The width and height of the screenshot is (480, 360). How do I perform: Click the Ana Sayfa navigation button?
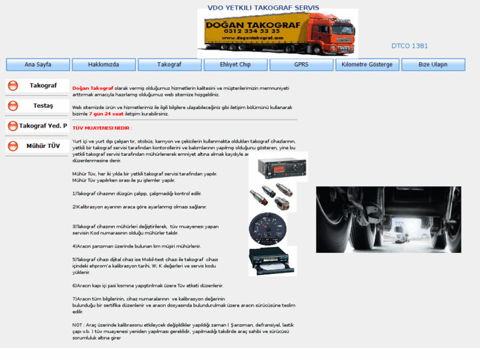pyautogui.click(x=38, y=65)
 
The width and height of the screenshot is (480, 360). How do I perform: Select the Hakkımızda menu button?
pyautogui.click(x=104, y=65)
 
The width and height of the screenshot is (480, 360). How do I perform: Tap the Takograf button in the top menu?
pyautogui.click(x=169, y=65)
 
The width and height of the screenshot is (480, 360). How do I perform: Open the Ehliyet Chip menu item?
pyautogui.click(x=235, y=65)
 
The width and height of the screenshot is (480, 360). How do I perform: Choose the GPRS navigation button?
pyautogui.click(x=301, y=65)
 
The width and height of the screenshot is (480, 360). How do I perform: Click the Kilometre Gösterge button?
pyautogui.click(x=367, y=65)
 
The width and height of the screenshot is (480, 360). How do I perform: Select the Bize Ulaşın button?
pyautogui.click(x=433, y=65)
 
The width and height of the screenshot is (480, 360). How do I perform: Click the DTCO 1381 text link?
pyautogui.click(x=409, y=46)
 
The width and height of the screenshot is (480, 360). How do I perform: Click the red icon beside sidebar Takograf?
pyautogui.click(x=13, y=86)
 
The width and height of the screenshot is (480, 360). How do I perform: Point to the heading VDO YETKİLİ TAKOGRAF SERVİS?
pyautogui.click(x=263, y=8)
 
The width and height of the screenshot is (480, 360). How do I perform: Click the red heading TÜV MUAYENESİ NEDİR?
pyautogui.click(x=102, y=128)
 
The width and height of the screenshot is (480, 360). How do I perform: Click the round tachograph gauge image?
pyautogui.click(x=268, y=229)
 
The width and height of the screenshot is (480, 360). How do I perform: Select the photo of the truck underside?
pyautogui.click(x=388, y=219)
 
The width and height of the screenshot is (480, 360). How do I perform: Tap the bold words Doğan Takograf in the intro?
pyautogui.click(x=93, y=88)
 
